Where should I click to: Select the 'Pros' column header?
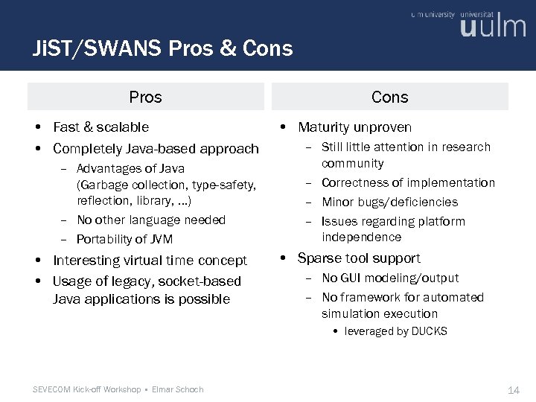click(x=145, y=97)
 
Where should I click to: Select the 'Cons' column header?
click(x=389, y=97)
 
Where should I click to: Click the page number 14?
click(x=513, y=390)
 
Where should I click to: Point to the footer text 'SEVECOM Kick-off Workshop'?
click(x=88, y=389)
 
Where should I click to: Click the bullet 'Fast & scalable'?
click(x=100, y=127)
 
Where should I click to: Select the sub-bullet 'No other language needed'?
click(x=150, y=220)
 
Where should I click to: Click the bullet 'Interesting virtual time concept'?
click(x=150, y=261)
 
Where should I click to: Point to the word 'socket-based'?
click(x=202, y=281)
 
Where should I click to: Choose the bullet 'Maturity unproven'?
click(x=354, y=127)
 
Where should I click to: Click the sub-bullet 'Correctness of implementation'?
click(x=408, y=182)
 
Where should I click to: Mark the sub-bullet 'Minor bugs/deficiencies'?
click(x=389, y=202)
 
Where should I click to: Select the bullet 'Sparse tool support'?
click(x=359, y=258)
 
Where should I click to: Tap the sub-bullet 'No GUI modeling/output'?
click(x=390, y=278)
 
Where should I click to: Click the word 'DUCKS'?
click(x=429, y=331)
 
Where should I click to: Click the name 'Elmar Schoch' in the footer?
click(x=177, y=389)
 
